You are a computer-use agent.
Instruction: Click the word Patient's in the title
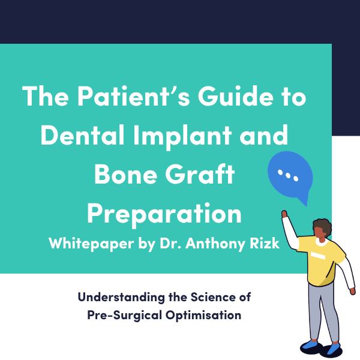pos(134,96)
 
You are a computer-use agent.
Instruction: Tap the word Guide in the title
pos(236,96)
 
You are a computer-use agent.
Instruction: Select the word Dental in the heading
pos(83,135)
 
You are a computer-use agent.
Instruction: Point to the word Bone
pos(125,174)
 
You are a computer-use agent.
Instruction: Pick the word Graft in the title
pos(200,174)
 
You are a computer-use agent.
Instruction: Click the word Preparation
pos(164,215)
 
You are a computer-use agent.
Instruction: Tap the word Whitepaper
pos(91,244)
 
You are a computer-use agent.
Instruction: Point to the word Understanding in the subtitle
pos(121,297)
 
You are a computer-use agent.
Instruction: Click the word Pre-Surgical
pos(125,315)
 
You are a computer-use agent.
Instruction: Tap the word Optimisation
pos(203,316)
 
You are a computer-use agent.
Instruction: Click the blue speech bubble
pos(290,176)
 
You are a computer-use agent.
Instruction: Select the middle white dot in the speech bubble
pos(288,176)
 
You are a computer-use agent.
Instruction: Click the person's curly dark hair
pos(323,226)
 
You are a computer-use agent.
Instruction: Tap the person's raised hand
pos(284,214)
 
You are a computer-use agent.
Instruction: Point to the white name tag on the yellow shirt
pos(318,256)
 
